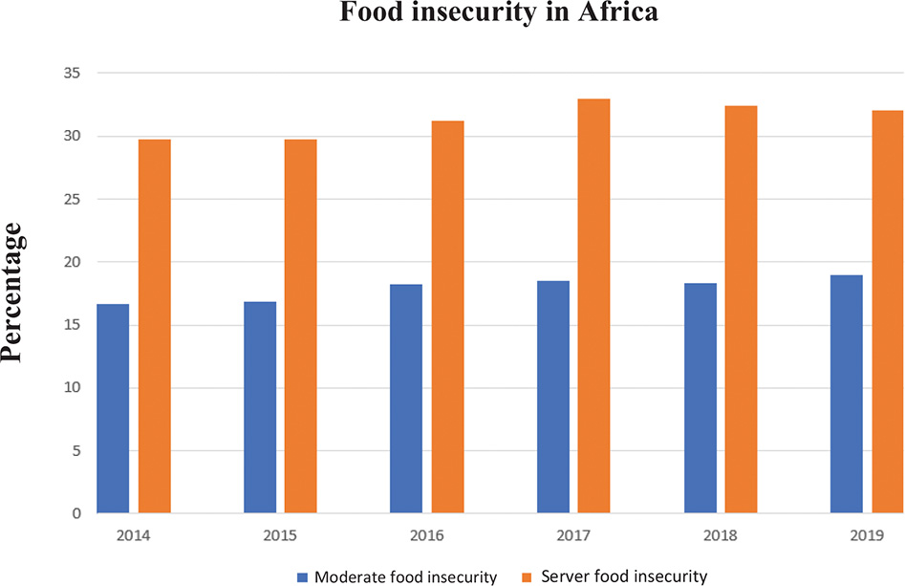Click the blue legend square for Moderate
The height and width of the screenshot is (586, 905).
303,576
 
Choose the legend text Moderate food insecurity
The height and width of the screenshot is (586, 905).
406,576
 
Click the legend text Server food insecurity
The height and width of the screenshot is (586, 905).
623,576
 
